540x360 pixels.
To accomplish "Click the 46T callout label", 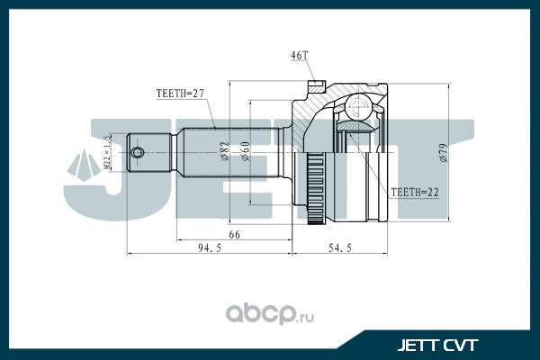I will pyautogui.click(x=299, y=56).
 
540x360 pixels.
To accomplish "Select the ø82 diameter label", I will pyautogui.click(x=222, y=148).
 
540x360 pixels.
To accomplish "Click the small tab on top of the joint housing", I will pyautogui.click(x=316, y=86).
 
